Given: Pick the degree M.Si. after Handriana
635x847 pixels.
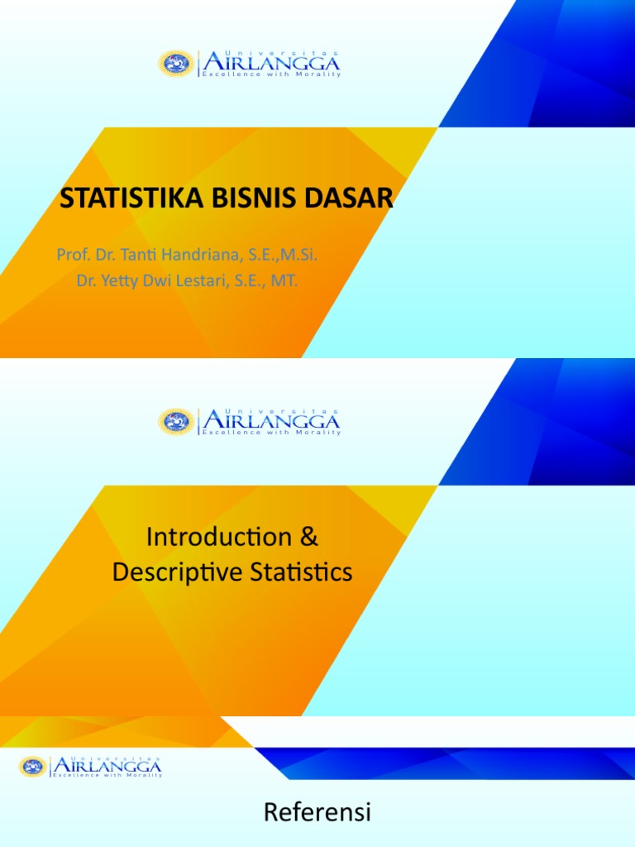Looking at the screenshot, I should pos(297,255).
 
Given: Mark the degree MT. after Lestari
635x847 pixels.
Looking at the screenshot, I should pos(284,281).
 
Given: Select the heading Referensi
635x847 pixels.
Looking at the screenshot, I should pos(317,814).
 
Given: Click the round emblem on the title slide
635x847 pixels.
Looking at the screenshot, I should pos(176,64).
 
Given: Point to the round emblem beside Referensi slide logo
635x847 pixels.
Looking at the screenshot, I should pos(34,767).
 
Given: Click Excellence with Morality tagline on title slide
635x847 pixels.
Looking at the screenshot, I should pos(271,74).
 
